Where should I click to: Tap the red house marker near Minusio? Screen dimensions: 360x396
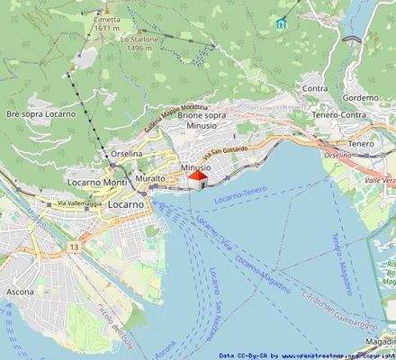tap(196, 180)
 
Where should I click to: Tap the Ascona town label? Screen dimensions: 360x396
tap(19, 292)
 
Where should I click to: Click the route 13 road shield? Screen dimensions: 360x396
tap(72, 245)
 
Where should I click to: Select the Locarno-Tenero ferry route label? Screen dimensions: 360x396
tap(241, 193)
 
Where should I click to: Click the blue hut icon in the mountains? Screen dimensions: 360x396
tap(282, 22)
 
